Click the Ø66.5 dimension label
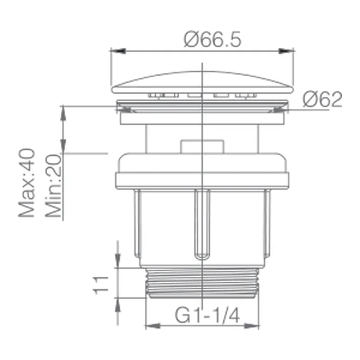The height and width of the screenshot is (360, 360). click(212, 39)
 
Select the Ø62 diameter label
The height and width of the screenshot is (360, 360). click(322, 99)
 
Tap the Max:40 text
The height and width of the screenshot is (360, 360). click(27, 183)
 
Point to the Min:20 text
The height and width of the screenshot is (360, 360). click(54, 186)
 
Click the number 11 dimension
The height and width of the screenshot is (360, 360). click(100, 285)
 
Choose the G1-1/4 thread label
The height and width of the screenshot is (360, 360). click(207, 315)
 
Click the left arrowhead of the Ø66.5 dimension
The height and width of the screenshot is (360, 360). click(118, 51)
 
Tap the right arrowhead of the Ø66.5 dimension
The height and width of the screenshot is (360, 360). click(286, 51)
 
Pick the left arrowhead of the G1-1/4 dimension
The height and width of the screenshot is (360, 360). click(153, 326)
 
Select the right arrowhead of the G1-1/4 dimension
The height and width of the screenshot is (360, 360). click(252, 326)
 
